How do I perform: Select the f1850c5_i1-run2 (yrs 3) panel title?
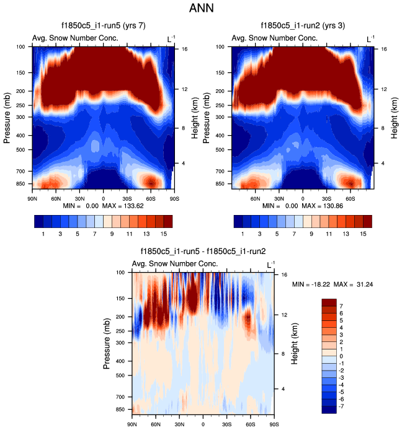(x=303, y=26)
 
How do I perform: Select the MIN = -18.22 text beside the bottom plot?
(x=310, y=284)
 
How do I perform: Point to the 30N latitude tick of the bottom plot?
(x=179, y=424)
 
